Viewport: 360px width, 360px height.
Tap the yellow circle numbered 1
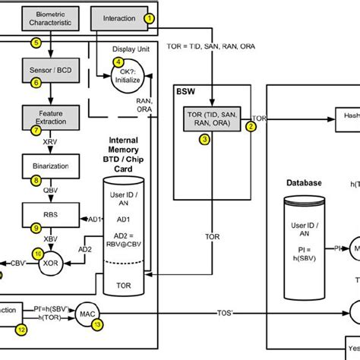point(150,17)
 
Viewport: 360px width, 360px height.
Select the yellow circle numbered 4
point(117,62)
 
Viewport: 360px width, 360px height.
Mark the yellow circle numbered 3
point(204,139)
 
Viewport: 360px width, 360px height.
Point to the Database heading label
point(304,183)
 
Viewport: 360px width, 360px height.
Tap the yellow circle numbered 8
point(36,180)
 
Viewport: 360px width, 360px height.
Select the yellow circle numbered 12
point(21,329)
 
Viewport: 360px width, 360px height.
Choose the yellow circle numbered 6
point(36,83)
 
